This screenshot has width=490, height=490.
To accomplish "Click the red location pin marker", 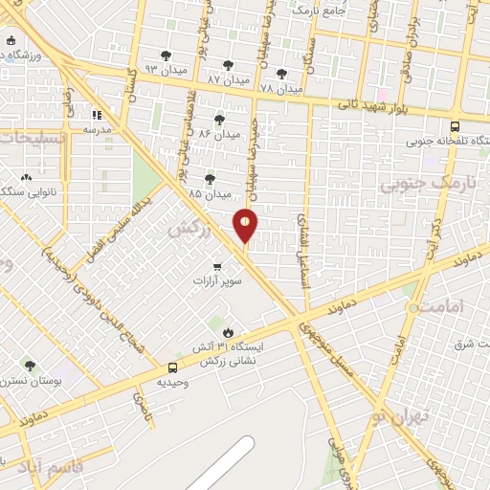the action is tap(246, 225).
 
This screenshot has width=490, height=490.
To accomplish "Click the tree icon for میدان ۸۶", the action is tap(220, 120).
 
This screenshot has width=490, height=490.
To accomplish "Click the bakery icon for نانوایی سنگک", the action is tap(26, 177).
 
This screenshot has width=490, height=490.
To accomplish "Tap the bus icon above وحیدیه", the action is tap(172, 367).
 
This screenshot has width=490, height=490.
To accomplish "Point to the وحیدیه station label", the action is tap(172, 382).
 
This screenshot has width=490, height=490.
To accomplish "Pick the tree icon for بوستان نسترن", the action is tap(30, 365).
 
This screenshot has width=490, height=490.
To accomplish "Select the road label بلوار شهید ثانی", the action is tap(384, 110).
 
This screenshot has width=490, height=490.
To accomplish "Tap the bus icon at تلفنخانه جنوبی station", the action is tap(454, 125).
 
